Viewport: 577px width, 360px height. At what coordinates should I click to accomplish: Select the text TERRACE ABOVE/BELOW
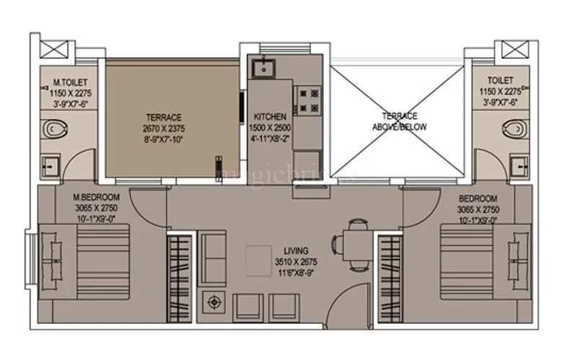(x=399, y=120)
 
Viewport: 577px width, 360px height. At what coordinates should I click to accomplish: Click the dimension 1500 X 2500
(x=270, y=126)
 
